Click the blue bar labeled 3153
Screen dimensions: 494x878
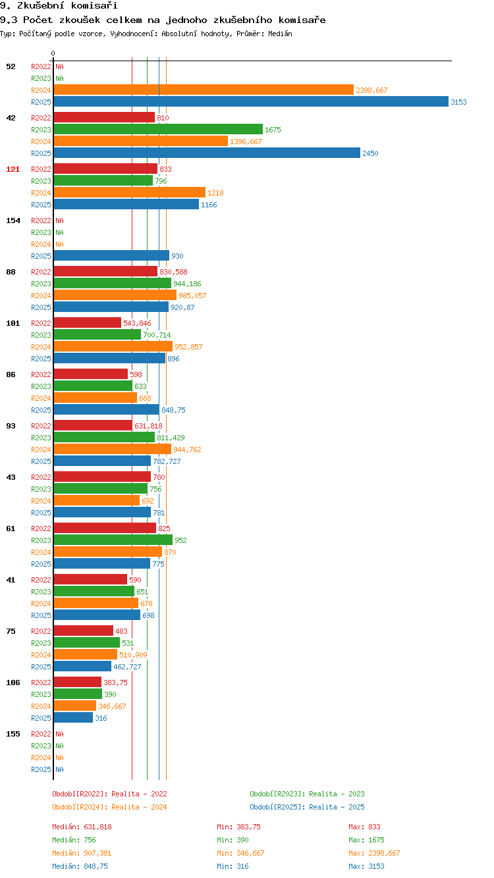pos(251,101)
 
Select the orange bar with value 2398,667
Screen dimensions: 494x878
pos(204,90)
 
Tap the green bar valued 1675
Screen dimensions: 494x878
pos(158,129)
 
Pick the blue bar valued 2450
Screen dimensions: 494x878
pos(207,153)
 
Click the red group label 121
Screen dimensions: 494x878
pos(13,169)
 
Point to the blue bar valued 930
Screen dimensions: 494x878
pos(111,255)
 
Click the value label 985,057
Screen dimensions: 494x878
pos(192,296)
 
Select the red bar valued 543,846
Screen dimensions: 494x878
pos(88,323)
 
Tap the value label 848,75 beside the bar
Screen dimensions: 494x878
pos(173,410)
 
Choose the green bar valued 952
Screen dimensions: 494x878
pos(113,540)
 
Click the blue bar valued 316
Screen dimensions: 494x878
pos(73,717)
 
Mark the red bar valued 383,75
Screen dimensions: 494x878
pos(78,682)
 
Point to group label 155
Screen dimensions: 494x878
pos(13,734)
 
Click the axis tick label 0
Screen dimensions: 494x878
pos(53,53)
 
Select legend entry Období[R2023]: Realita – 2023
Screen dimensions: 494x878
pos(307,794)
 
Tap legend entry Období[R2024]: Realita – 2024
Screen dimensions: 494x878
pos(109,807)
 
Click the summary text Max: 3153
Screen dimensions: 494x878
pos(366,866)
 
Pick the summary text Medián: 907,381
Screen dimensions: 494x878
pos(82,853)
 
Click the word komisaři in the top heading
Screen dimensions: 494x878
pos(94,5)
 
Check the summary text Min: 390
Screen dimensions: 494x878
pos(233,840)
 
